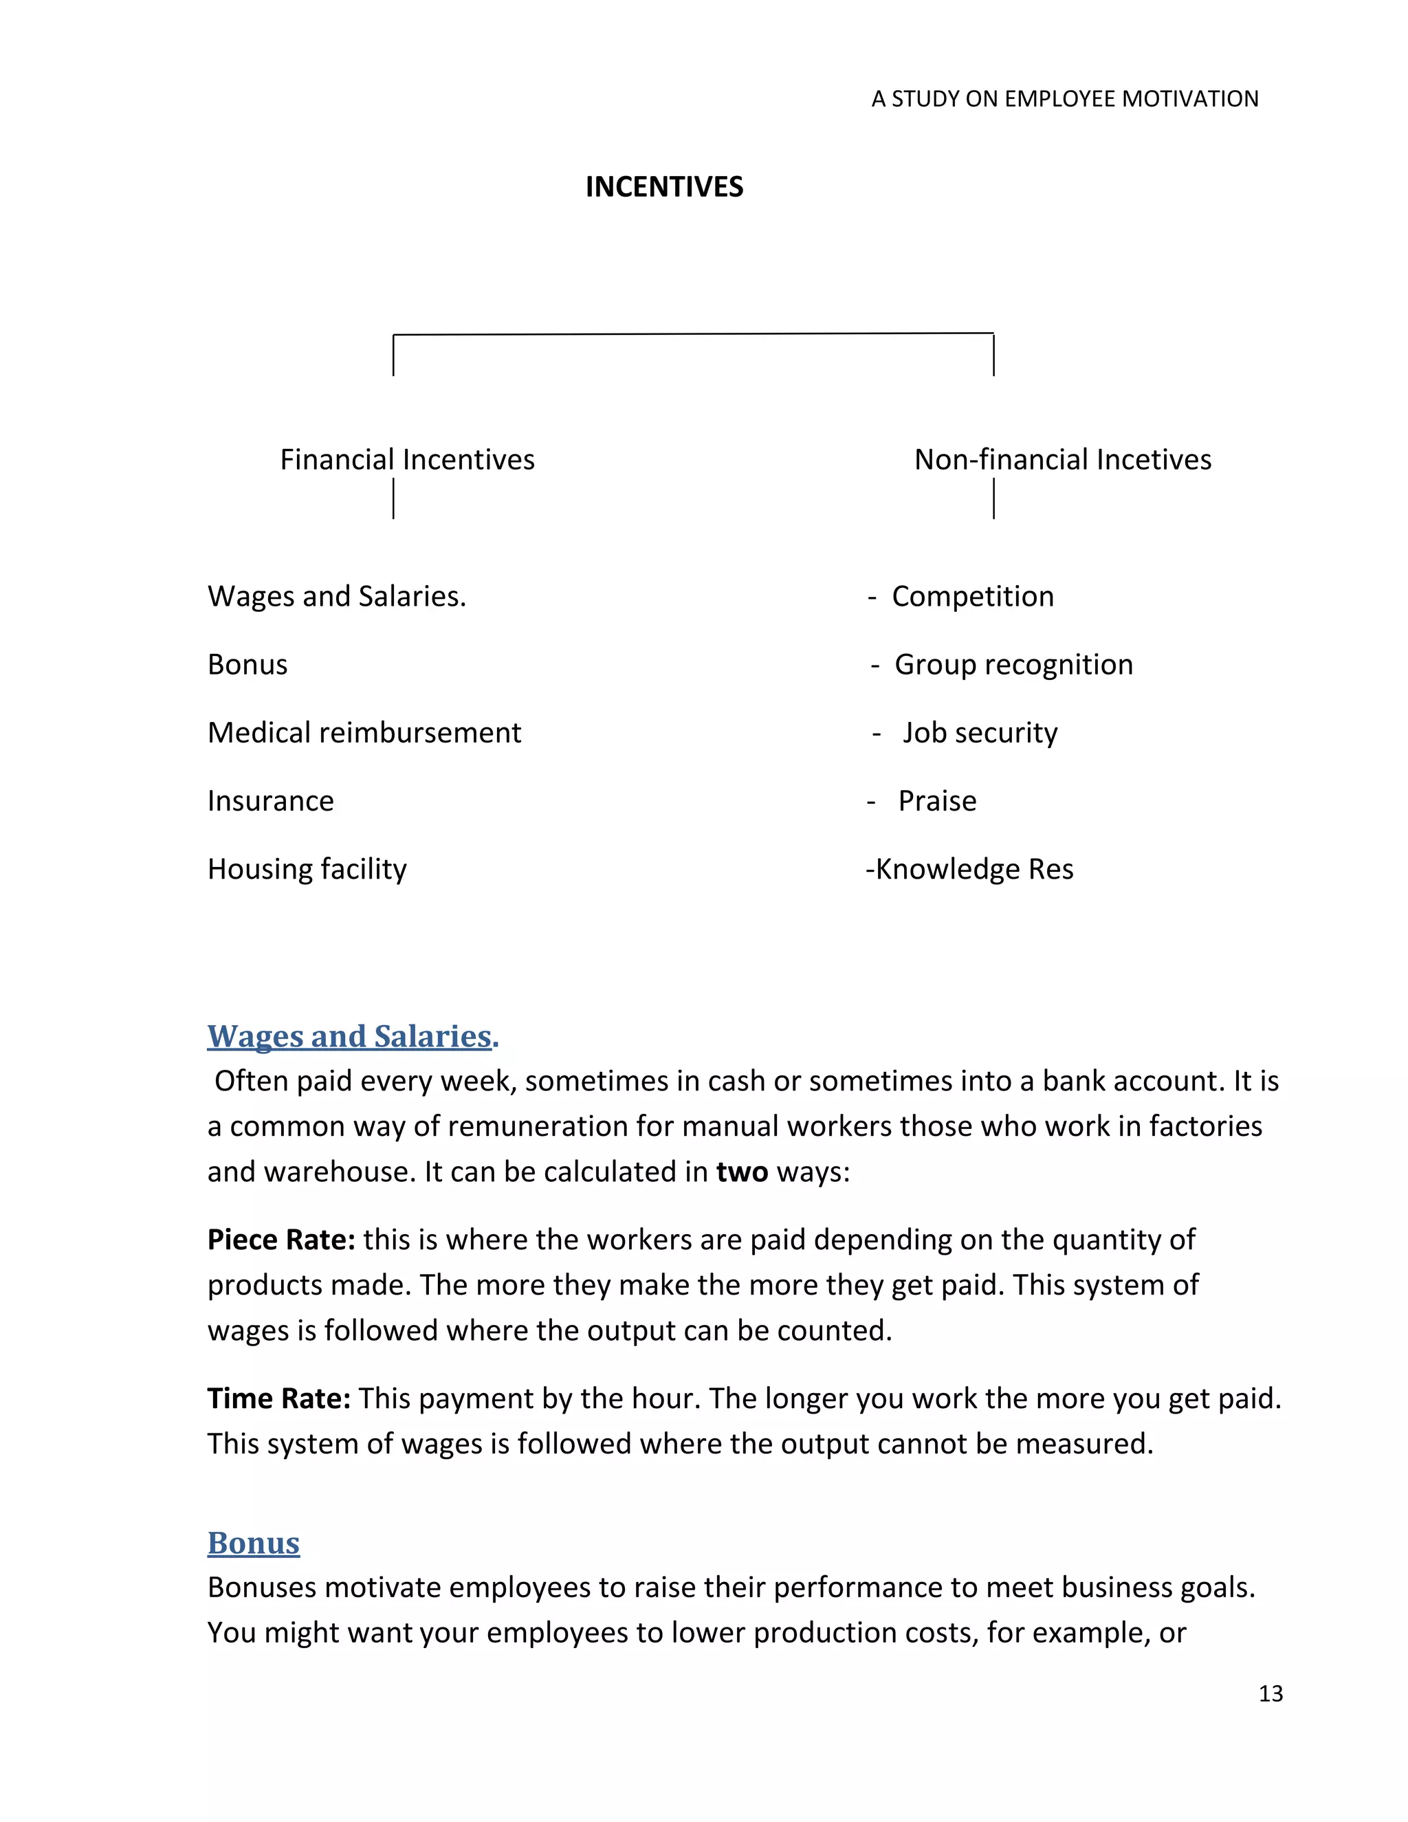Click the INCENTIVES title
[664, 187]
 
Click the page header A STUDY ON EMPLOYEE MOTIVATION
[1064, 99]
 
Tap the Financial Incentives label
[407, 460]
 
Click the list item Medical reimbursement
[364, 732]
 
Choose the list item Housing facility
[307, 869]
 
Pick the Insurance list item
[270, 801]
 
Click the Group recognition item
[1013, 665]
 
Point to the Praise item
[937, 801]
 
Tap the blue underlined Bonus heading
[253, 1544]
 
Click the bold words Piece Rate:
[281, 1240]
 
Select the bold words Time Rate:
[278, 1398]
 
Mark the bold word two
[742, 1172]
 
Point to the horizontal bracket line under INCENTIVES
[692, 335]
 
